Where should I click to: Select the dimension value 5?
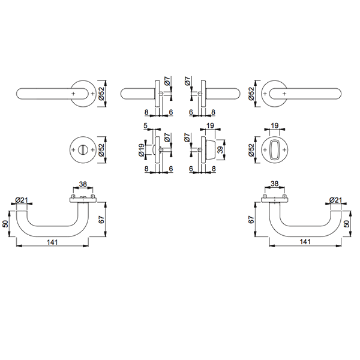146,125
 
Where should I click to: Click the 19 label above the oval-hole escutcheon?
275,126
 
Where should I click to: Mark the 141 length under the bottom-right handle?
305,242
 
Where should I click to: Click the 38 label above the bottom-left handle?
83,185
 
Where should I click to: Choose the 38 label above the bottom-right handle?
274,185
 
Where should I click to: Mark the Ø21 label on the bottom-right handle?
336,200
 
